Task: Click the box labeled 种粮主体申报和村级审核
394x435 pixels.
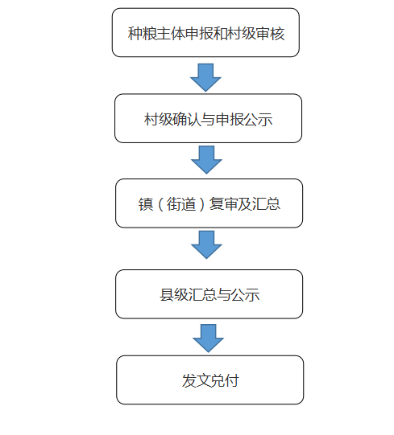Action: pos(205,32)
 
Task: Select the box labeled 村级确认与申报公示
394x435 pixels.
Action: pos(208,118)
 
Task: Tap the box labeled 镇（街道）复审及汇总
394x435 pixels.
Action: pos(209,203)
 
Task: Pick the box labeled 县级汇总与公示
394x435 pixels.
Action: pos(209,294)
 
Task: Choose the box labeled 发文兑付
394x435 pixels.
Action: pos(210,380)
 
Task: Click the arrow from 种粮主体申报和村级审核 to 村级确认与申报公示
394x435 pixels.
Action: pos(205,77)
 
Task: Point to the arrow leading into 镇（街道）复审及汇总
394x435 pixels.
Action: pos(206,160)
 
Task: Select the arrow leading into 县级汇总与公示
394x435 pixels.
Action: pos(206,244)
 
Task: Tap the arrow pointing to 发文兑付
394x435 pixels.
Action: pos(208,339)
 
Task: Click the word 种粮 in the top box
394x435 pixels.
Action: pos(142,34)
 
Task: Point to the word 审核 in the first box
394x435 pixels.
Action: pos(270,34)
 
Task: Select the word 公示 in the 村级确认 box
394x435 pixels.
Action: pos(259,120)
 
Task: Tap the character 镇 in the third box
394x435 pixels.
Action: pos(146,204)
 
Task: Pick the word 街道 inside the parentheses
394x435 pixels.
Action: pos(181,204)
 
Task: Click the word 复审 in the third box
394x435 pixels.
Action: pos(223,204)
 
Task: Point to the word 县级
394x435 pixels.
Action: pos(174,295)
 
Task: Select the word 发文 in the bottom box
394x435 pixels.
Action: pos(196,380)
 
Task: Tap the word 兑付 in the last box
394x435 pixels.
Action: pos(225,380)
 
